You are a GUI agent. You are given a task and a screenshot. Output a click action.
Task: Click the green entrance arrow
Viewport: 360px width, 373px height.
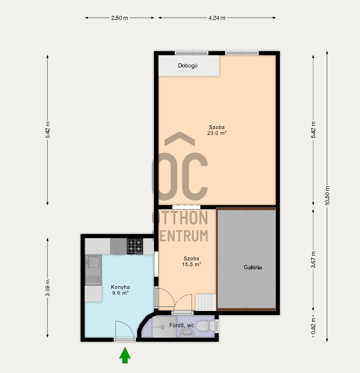[x=125, y=355]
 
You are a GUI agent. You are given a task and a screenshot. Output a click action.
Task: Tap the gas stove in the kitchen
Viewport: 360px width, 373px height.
[x=135, y=246]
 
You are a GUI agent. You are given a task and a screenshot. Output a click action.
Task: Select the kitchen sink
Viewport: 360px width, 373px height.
[x=93, y=270]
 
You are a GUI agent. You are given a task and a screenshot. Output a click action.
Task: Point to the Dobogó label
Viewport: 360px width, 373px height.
[x=188, y=66]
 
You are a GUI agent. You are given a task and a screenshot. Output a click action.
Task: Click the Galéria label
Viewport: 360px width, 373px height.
[x=253, y=268]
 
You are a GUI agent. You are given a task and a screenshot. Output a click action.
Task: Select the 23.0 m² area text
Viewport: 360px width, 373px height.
[x=216, y=133]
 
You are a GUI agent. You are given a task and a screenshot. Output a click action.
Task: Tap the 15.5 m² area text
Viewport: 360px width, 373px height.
[x=192, y=264]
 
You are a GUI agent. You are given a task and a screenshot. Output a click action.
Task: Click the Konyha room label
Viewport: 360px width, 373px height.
[x=120, y=287]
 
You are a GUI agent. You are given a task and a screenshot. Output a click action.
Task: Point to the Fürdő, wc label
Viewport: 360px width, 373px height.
[x=182, y=325]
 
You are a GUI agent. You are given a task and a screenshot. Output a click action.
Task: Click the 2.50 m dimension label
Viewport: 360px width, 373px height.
[x=120, y=18]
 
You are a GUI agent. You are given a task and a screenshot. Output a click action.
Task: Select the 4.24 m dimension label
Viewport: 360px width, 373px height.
[x=217, y=18]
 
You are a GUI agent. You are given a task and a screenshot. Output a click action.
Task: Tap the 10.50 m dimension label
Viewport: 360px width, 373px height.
[x=327, y=196]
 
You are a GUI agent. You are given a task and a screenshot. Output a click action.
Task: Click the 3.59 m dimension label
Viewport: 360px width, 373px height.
[x=48, y=288]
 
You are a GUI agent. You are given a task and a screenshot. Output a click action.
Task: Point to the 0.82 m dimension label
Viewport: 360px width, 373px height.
[x=313, y=326]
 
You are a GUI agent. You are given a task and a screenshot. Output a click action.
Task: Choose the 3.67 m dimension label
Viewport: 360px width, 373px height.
[x=313, y=259]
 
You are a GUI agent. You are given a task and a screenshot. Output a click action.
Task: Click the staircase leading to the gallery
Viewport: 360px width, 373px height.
[x=206, y=302]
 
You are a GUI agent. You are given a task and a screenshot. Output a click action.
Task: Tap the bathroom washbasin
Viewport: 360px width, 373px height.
[x=187, y=333]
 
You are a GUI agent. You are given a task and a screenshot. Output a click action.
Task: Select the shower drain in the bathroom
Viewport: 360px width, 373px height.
[x=163, y=327]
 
